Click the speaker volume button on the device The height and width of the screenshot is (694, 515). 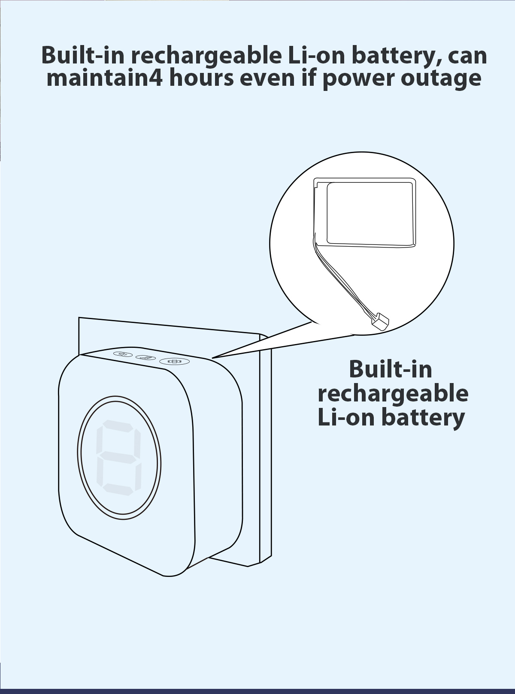click(x=123, y=354)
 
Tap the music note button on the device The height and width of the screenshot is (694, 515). click(x=145, y=357)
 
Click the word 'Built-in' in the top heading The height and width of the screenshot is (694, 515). click(x=83, y=55)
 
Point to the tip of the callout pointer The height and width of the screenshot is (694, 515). click(x=212, y=358)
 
